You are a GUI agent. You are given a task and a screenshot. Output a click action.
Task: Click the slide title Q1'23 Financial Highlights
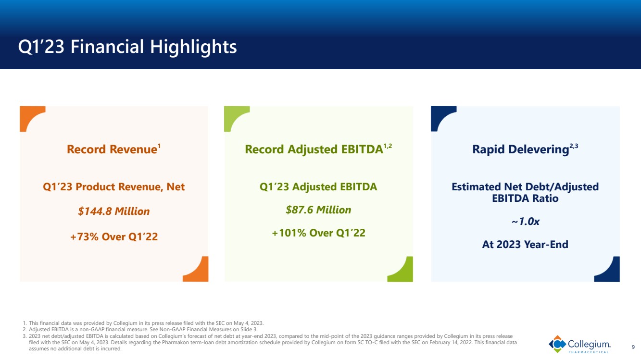pyautogui.click(x=127, y=47)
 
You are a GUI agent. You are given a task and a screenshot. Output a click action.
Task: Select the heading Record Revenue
pyautogui.click(x=113, y=149)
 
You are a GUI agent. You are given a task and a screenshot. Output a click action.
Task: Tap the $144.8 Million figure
pyautogui.click(x=114, y=211)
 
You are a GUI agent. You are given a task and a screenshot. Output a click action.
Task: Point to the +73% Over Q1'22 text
pyautogui.click(x=114, y=237)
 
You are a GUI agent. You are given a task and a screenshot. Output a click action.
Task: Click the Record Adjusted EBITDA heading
pyautogui.click(x=318, y=149)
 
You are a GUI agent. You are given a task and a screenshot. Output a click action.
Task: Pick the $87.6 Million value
pyautogui.click(x=318, y=210)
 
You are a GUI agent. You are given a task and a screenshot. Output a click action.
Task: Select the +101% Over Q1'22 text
pyautogui.click(x=318, y=233)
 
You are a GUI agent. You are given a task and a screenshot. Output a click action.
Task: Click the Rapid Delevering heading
pyautogui.click(x=525, y=149)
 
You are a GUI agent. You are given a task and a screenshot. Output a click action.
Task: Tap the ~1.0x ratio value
pyautogui.click(x=526, y=221)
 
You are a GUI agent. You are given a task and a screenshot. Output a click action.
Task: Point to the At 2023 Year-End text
pyautogui.click(x=525, y=245)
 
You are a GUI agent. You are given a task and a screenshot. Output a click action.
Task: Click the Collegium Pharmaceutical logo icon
pyautogui.click(x=557, y=344)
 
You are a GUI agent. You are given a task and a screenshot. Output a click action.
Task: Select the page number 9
pyautogui.click(x=633, y=347)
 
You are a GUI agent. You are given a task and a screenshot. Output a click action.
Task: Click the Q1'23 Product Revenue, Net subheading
pyautogui.click(x=114, y=186)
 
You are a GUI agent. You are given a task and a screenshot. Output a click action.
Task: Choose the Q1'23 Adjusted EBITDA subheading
pyautogui.click(x=318, y=186)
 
